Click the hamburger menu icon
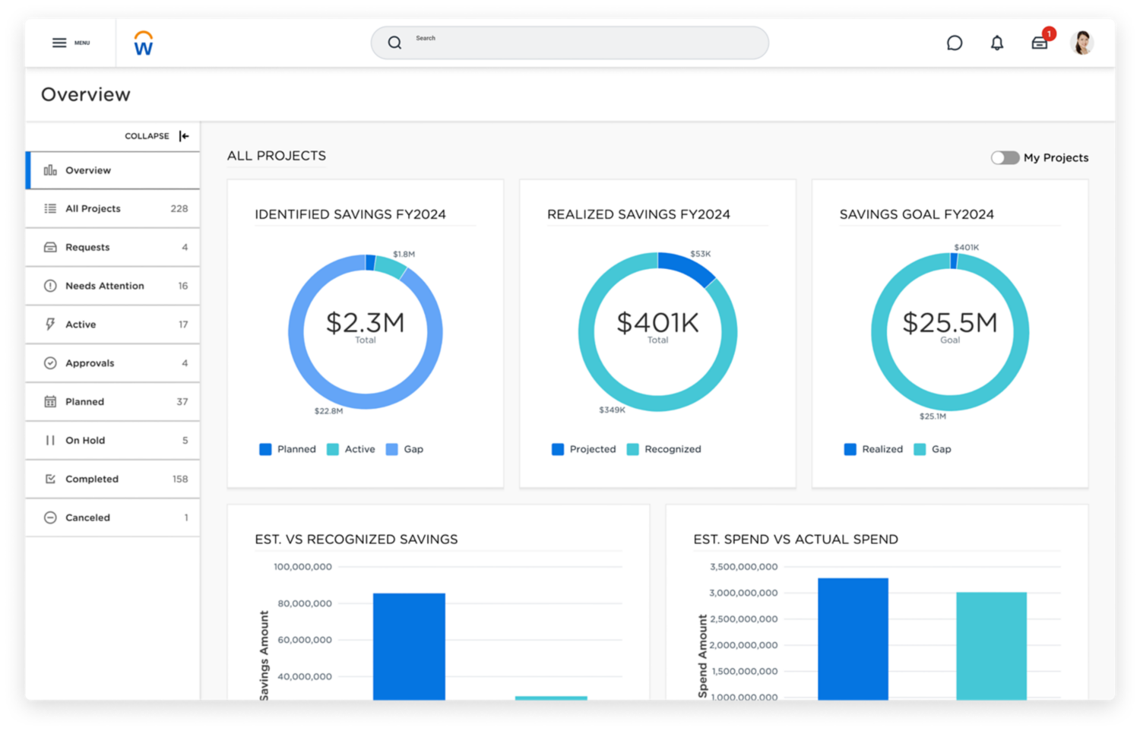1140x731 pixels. coord(59,43)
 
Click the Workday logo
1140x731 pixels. coord(143,43)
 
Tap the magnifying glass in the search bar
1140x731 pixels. coord(394,43)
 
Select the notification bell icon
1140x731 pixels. coord(997,43)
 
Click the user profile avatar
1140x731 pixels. coord(1081,43)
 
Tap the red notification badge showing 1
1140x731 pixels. coord(1049,33)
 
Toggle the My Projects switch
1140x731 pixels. coord(1005,157)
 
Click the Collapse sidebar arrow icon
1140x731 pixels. coord(184,136)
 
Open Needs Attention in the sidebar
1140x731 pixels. coord(105,286)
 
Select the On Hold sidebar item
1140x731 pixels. coord(85,440)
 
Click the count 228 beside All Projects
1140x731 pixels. coord(179,208)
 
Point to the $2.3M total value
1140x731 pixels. coord(365,324)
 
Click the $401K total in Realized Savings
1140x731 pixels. coord(657,324)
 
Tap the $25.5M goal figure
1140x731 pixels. coord(950,324)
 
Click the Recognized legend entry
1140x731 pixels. coord(673,449)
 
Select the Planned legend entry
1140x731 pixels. coord(296,449)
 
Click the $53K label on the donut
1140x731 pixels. coord(700,254)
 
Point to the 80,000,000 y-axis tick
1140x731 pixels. coord(305,603)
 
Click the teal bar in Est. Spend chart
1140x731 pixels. coord(991,646)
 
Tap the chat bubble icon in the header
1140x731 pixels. coord(955,43)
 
